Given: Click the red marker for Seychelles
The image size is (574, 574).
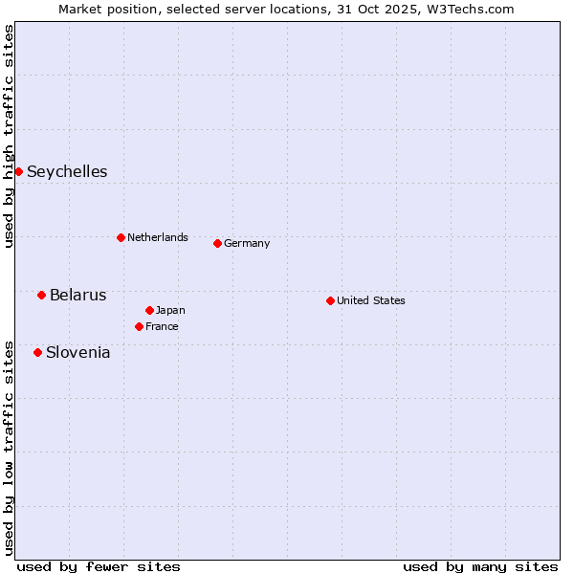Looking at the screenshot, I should click(18, 171).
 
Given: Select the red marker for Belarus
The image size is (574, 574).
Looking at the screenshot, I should click(41, 295).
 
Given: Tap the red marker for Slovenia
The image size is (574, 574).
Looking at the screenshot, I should click(37, 352).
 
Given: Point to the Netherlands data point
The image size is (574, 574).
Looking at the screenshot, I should click(121, 237).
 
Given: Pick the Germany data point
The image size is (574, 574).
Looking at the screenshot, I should click(217, 243).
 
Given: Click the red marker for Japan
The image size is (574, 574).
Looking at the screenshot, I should click(149, 310).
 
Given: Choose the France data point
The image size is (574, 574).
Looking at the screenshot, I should click(139, 326).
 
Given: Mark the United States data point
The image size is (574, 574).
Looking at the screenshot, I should click(330, 300).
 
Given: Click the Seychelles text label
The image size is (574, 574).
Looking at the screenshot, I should click(67, 172).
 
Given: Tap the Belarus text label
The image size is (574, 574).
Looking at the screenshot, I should click(77, 295).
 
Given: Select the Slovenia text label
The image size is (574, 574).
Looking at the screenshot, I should click(77, 353).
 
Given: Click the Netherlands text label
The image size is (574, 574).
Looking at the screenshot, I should click(157, 237).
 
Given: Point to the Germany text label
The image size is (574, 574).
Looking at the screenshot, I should click(247, 243).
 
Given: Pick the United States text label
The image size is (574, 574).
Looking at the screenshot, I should click(370, 300).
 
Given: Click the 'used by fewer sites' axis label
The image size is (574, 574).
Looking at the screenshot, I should click(99, 566).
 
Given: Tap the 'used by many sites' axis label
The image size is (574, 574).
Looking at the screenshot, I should click(480, 566).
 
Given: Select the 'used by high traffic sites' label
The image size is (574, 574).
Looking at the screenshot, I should click(9, 136).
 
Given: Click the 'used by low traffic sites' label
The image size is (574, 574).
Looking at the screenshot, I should click(9, 447).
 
